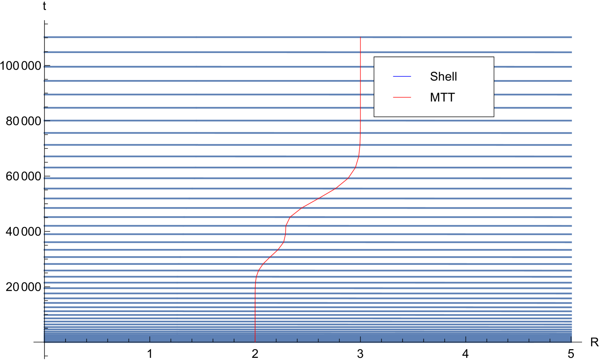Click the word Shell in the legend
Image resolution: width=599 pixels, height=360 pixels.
(x=443, y=76)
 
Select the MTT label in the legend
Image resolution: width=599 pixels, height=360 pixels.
(x=442, y=97)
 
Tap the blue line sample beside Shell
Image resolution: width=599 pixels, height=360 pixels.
(x=402, y=76)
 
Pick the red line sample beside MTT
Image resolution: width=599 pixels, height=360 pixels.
(x=402, y=97)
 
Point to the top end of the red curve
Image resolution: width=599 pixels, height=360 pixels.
(x=361, y=37)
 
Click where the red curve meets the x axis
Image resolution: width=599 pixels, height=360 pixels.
(x=255, y=342)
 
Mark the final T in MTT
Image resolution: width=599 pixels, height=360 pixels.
(x=451, y=97)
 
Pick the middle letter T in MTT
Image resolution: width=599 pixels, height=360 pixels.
(x=443, y=97)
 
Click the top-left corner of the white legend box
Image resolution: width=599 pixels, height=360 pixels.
(x=374, y=57)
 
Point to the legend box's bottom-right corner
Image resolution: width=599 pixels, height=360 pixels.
(x=493, y=116)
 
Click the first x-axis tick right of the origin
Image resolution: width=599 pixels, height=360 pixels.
(x=65, y=340)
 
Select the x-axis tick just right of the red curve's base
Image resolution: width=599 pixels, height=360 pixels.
(x=276, y=340)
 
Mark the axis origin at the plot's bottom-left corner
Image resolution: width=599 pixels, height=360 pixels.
(x=44, y=342)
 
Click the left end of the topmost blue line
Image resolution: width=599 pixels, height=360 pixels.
(x=45, y=37)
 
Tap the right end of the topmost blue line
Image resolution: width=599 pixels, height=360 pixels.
(x=572, y=37)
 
